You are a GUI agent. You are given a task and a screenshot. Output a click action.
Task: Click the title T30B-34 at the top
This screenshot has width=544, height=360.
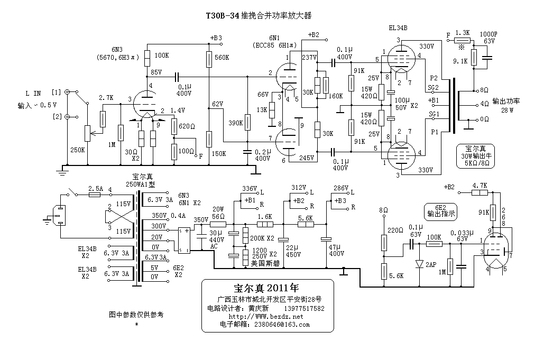click(222, 16)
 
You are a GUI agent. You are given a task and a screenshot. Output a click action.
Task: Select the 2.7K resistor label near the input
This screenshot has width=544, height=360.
click(106, 98)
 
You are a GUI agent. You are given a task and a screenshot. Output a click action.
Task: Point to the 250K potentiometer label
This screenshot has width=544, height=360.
click(77, 150)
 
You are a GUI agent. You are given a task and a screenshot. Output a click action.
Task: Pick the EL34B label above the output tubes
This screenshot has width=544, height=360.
click(397, 27)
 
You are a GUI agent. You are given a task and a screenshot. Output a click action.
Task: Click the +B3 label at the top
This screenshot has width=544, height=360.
click(216, 38)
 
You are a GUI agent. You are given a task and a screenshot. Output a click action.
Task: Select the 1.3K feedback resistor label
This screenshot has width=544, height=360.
click(462, 33)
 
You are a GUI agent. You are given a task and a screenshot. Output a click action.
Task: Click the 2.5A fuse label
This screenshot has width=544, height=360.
click(96, 188)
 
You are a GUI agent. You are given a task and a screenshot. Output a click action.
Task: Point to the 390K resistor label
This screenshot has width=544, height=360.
click(235, 123)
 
